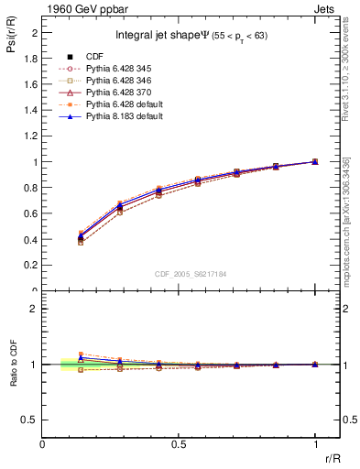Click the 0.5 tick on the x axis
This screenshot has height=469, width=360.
coord(179,443)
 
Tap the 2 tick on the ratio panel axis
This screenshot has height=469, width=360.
coord(35,309)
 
